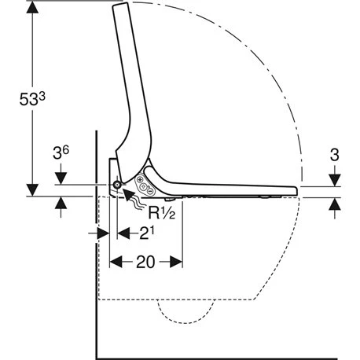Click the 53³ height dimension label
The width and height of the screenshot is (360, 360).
(32, 99)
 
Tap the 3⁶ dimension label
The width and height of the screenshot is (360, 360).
(61, 152)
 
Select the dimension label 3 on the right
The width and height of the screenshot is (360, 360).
(334, 155)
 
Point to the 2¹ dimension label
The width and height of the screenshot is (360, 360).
(147, 233)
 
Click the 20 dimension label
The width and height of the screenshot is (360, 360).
(145, 262)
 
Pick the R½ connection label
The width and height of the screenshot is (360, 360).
(162, 212)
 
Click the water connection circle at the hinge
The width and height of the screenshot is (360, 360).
(116, 185)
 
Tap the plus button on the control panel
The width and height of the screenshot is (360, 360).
(139, 180)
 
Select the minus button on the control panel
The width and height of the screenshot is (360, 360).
(151, 192)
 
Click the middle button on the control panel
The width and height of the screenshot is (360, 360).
(144, 186)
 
